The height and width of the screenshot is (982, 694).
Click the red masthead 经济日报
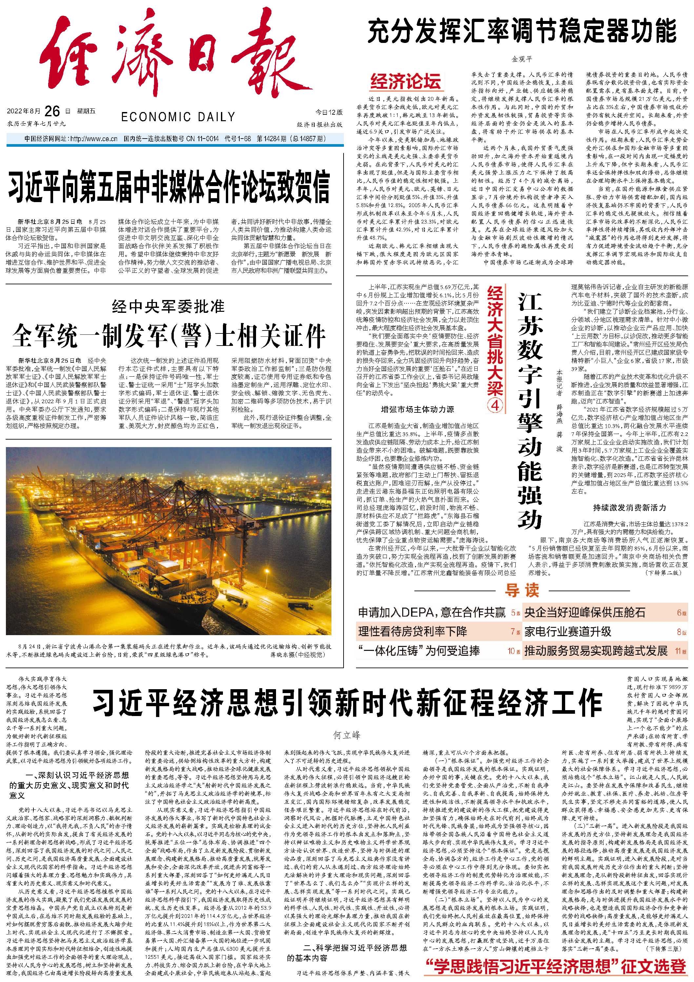click(x=167, y=60)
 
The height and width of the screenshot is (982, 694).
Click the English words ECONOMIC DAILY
click(x=178, y=117)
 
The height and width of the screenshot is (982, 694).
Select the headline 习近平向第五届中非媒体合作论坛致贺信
click(x=169, y=187)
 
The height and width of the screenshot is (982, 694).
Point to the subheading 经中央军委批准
click(x=168, y=306)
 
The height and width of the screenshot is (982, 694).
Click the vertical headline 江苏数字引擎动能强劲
click(x=530, y=411)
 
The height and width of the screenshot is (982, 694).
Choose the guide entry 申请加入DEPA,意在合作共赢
click(x=431, y=613)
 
